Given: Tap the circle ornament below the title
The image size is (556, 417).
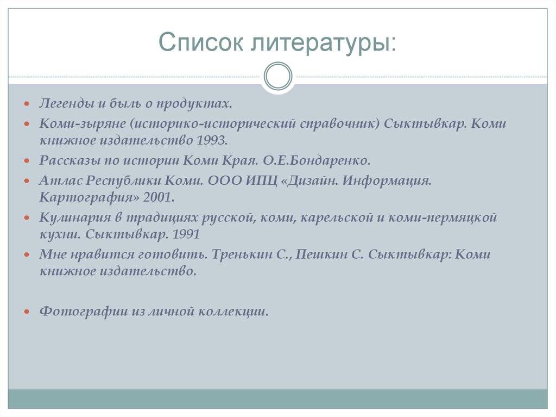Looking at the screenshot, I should pos(277,76).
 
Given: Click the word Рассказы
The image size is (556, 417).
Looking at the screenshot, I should pos(65,160).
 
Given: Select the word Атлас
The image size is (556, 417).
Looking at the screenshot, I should pos(55,180).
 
